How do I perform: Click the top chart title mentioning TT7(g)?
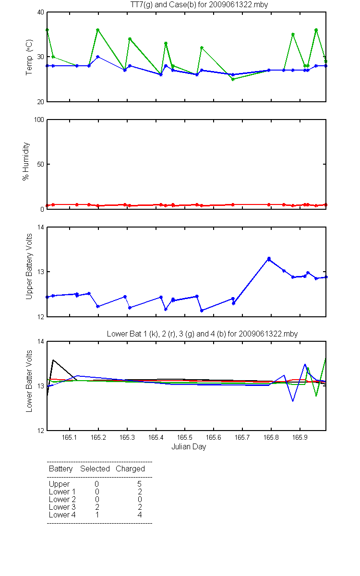pos(199,5)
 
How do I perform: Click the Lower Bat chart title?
pos(202,334)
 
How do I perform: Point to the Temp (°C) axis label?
pos(29,57)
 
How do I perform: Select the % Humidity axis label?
pos(26,161)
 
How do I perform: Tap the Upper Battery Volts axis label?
pos(29,266)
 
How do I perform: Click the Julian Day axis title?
pos(189,447)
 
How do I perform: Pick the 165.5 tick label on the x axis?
pos(185,437)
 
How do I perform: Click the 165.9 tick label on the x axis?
pos(300,437)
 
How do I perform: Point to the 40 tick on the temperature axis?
pos(41,12)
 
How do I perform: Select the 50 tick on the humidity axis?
pos(41,164)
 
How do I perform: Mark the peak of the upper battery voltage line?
pos(269,258)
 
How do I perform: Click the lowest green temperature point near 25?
pos(233,79)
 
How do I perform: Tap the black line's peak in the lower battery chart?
pos(53,360)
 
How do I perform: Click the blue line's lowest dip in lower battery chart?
pos(293,401)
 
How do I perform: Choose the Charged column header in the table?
pos(130,469)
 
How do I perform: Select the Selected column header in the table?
pos(95,469)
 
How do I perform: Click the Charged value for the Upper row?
pos(139,484)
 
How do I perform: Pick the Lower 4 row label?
pos(62,515)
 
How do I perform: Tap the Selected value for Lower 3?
pos(97,507)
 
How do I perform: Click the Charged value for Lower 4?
pos(139,515)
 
